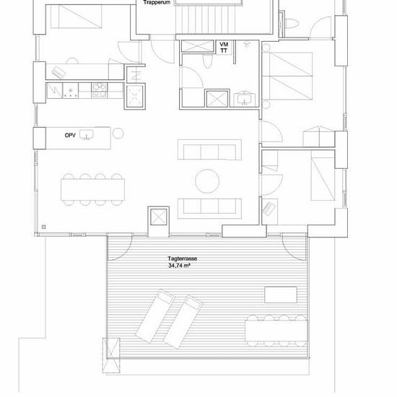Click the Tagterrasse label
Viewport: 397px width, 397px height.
pos(183,258)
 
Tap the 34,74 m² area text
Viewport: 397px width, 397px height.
pos(179,266)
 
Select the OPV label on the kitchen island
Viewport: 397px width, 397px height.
pos(70,136)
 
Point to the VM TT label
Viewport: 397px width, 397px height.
pos(224,48)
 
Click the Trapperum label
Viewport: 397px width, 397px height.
pos(157,3)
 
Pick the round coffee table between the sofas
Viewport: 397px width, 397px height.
pos(207,181)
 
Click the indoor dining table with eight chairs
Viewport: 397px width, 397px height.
pos(92,189)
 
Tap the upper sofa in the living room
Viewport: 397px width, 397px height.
pos(209,149)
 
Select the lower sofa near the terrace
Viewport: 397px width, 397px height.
pos(209,209)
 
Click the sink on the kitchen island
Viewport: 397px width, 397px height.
pos(87,135)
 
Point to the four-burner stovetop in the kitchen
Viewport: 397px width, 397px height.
pos(100,90)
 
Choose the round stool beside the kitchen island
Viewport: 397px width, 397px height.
pos(118,134)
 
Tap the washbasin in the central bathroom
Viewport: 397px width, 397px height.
pos(244,98)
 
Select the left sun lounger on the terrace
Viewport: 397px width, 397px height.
pos(154,316)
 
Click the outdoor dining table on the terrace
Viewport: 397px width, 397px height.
pos(276,331)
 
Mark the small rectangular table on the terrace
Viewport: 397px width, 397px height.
pos(281,295)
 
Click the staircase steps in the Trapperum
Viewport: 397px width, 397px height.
pos(206,19)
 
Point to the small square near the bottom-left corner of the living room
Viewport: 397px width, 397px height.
pos(44,227)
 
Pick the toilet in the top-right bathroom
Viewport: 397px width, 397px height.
pos(292,23)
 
